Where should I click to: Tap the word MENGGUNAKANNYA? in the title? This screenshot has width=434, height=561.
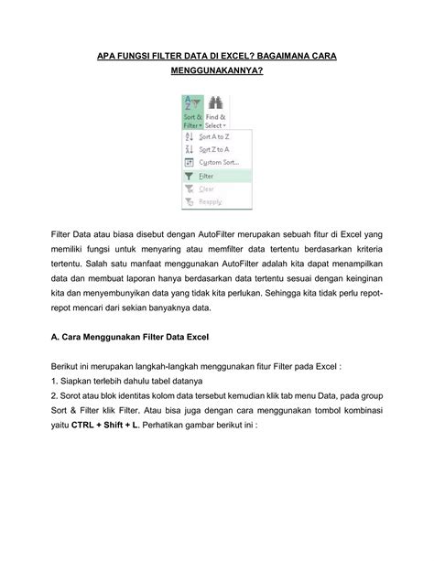coord(216,70)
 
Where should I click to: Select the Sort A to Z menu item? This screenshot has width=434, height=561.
coord(213,135)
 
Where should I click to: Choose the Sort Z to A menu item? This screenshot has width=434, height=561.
coord(213,148)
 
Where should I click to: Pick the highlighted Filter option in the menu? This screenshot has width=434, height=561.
coord(207,176)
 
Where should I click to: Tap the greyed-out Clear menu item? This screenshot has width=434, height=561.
coord(207,189)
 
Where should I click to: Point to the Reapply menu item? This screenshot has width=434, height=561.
coord(212,201)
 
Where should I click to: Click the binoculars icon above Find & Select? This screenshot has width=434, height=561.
coord(216,102)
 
